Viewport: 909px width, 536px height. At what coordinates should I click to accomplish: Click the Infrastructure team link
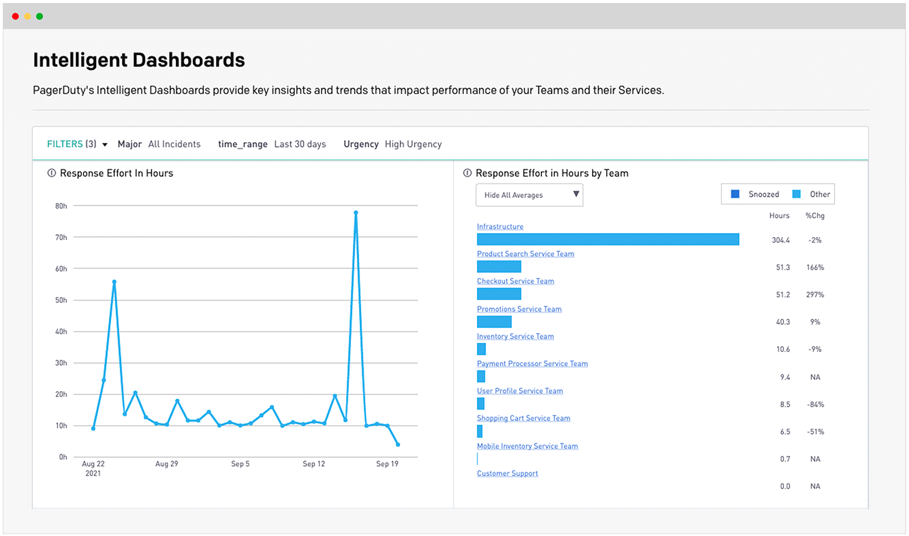coord(500,227)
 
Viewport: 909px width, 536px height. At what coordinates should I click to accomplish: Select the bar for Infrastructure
coord(608,239)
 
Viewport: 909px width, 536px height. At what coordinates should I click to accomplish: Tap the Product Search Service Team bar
coord(499,267)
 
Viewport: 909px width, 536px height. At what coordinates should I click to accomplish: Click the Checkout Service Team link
coord(515,281)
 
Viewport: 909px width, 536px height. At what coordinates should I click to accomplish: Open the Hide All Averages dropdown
coord(529,195)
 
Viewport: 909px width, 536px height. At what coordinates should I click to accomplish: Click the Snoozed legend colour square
coord(735,194)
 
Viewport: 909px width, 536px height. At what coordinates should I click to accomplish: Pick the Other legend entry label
coord(820,194)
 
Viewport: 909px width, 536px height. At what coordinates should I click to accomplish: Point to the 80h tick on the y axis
coord(61,206)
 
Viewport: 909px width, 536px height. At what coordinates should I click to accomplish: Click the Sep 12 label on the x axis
coord(314,464)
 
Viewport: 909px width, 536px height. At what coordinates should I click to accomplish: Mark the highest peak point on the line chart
coord(356,213)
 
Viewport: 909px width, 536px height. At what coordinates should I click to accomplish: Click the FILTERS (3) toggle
coord(77,144)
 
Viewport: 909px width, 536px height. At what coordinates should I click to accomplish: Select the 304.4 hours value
coord(781,240)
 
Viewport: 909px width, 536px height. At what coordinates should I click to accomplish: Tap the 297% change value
coord(815,295)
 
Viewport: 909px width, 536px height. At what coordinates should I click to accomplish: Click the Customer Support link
coord(507,473)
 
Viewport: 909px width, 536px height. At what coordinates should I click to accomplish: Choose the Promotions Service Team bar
coord(494,322)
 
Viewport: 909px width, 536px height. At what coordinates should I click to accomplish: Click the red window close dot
coord(15,16)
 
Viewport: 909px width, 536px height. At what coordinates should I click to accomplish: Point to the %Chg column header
coord(815,216)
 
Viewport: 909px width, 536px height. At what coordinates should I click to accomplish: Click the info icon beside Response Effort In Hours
coord(52,173)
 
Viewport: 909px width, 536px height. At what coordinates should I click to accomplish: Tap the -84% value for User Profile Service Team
coord(815,405)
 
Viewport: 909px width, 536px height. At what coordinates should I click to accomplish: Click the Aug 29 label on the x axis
coord(166,464)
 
